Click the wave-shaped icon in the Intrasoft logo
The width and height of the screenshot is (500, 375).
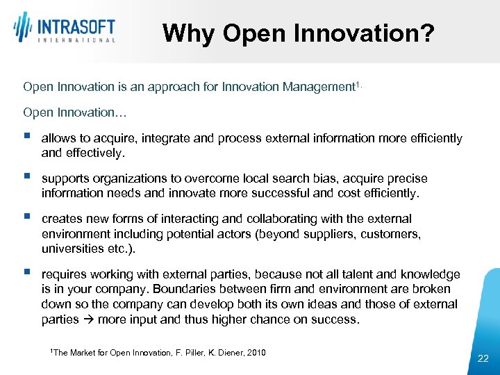pyautogui.click(x=24, y=27)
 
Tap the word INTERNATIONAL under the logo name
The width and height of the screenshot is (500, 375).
pyautogui.click(x=75, y=41)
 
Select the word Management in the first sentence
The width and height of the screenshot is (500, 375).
pyautogui.click(x=319, y=87)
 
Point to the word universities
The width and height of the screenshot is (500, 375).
pyautogui.click(x=73, y=248)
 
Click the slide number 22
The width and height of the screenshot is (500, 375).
pyautogui.click(x=483, y=358)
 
